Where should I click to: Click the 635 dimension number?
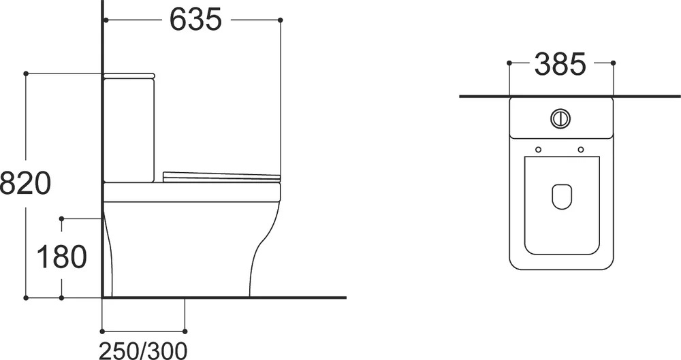pyautogui.click(x=195, y=20)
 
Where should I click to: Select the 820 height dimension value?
pyautogui.click(x=25, y=183)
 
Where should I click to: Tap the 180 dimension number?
pyautogui.click(x=62, y=257)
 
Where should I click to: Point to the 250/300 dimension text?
pyautogui.click(x=143, y=350)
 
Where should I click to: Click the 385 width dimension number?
pyautogui.click(x=560, y=64)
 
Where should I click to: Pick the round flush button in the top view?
pyautogui.click(x=560, y=118)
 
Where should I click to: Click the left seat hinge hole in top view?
pyautogui.click(x=539, y=150)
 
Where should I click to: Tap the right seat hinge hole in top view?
pyautogui.click(x=581, y=150)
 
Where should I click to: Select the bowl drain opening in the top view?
pyautogui.click(x=562, y=196)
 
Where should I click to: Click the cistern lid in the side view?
pyautogui.click(x=129, y=76)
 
